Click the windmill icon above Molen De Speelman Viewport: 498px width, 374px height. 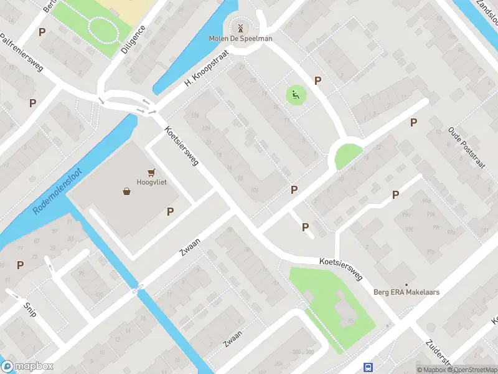point(239,27)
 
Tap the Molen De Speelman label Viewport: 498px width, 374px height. point(240,39)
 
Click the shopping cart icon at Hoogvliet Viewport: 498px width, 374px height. point(151,172)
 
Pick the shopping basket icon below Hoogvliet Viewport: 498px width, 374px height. point(127,191)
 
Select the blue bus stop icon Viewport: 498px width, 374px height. point(369,367)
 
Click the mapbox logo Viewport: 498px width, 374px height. point(27,367)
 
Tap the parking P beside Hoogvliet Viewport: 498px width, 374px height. point(170,212)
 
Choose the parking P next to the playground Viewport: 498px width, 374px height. point(317,80)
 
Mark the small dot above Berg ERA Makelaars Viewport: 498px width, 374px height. point(407,284)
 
